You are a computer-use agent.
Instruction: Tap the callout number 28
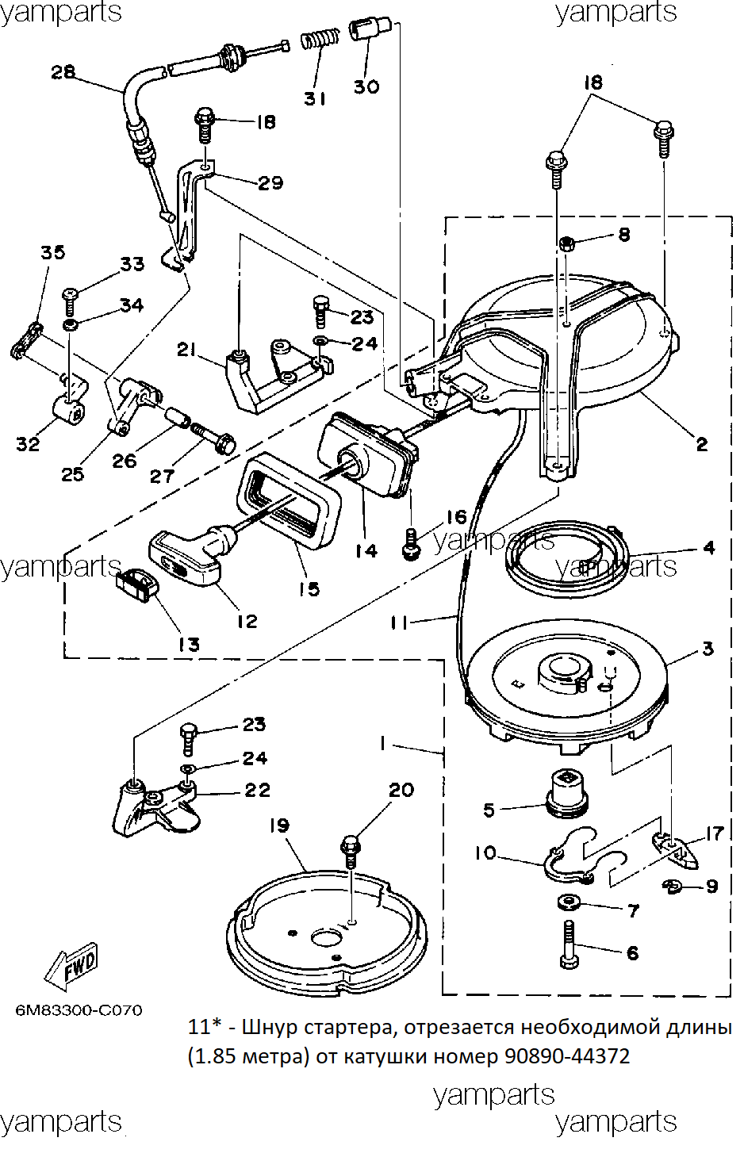(63, 71)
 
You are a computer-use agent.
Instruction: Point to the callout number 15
(309, 588)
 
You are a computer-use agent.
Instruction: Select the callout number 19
(279, 825)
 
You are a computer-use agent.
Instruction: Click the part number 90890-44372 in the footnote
(567, 1057)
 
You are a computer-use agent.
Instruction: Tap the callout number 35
(53, 252)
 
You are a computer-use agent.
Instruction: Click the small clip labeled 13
(136, 583)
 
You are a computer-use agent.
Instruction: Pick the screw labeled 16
(410, 544)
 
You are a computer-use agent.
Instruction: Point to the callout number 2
(702, 444)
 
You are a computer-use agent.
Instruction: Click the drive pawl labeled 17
(676, 851)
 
